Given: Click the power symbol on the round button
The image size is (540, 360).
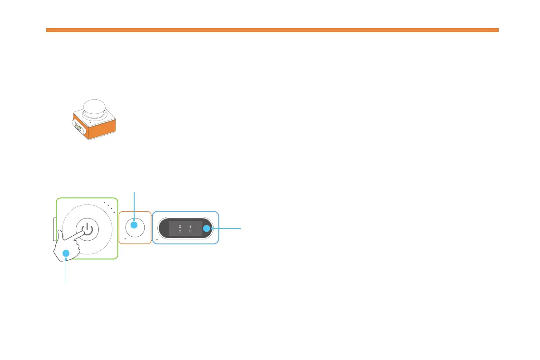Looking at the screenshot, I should (x=88, y=229).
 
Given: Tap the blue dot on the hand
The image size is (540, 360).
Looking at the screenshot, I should (x=66, y=253).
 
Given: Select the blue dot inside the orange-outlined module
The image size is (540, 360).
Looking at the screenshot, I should (x=134, y=224).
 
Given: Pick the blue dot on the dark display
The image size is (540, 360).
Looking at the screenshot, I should (x=206, y=229).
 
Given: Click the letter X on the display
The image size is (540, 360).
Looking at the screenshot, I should (x=180, y=226).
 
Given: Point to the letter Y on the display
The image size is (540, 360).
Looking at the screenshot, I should (x=180, y=231).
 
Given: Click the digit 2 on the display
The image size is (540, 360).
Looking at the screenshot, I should (x=191, y=226).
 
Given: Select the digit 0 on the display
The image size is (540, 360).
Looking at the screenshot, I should (x=191, y=231).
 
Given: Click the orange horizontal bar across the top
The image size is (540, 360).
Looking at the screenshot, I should (x=272, y=30).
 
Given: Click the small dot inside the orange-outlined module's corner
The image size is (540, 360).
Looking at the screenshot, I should (x=125, y=238).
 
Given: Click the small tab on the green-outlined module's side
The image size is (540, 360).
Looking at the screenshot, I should (x=54, y=229).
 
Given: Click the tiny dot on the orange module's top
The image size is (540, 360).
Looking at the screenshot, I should (x=91, y=122).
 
